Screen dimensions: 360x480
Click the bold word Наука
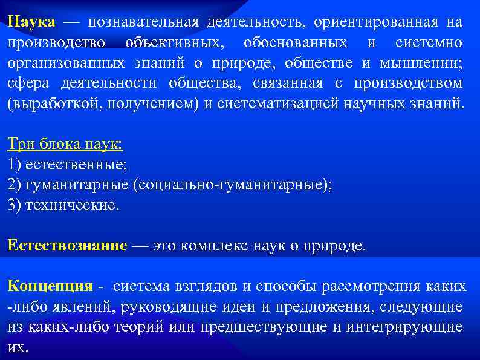tap(31, 22)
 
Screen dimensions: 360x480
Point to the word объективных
tap(175, 43)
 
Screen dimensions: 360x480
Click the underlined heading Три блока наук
tap(65, 144)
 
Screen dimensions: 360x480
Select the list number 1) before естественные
tap(15, 165)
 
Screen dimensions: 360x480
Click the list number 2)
tap(15, 185)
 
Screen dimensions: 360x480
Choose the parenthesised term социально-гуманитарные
tap(233, 185)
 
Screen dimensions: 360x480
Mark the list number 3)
tap(15, 205)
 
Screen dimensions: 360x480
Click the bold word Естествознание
tap(67, 246)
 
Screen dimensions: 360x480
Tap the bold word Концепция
tap(50, 286)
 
